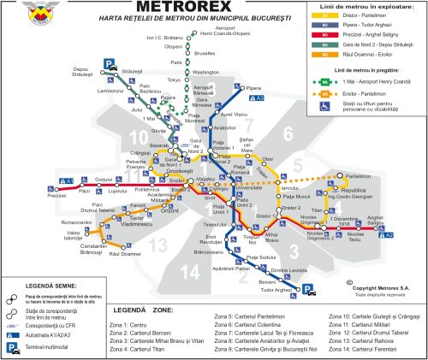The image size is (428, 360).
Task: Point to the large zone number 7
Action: click(x=286, y=132)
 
